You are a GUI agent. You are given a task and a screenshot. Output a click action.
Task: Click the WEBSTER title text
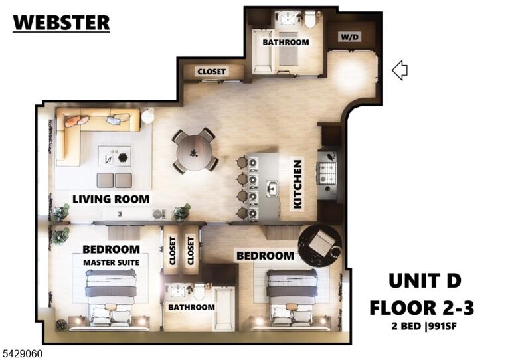click(61, 23)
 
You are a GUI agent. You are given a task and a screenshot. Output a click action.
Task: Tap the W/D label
click(350, 37)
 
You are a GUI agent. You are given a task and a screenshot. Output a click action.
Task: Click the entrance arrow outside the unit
click(399, 70)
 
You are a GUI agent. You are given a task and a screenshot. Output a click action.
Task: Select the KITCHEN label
click(297, 184)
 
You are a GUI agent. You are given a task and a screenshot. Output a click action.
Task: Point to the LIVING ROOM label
click(111, 199)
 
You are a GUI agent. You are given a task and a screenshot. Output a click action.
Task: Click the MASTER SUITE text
click(112, 262)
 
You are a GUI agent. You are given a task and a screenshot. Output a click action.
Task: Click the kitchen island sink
click(272, 189)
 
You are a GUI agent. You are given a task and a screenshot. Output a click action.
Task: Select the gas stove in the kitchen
click(327, 173)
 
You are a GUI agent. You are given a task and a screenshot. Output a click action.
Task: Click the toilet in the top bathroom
click(311, 19)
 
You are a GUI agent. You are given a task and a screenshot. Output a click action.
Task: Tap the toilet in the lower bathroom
click(199, 292)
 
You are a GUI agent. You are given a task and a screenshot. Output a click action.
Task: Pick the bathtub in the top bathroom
click(263, 51)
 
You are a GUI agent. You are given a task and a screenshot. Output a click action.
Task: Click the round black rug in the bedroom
click(320, 244)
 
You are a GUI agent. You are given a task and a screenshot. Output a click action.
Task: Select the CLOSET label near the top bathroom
click(211, 71)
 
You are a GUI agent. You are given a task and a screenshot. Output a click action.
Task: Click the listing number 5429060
click(23, 353)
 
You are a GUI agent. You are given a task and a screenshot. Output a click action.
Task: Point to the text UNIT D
click(425, 281)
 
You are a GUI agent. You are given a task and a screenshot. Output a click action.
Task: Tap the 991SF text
click(443, 326)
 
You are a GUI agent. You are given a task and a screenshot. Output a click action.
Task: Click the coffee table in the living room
click(115, 157)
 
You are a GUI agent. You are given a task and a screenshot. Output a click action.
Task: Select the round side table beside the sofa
click(148, 116)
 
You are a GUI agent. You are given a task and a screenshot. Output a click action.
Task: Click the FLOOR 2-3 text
click(422, 308)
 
